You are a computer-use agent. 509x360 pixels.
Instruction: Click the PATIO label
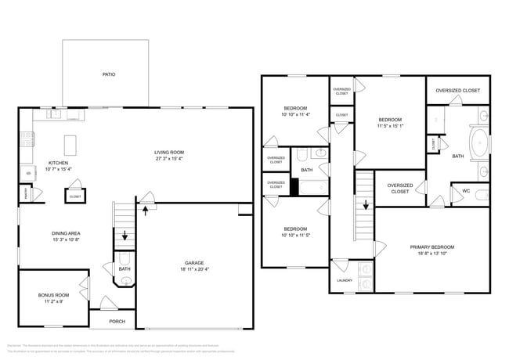click(x=109, y=74)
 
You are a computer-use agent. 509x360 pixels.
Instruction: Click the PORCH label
click(x=117, y=321)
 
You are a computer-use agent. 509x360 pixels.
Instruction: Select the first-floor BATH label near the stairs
click(x=125, y=269)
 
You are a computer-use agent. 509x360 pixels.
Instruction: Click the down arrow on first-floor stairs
click(x=125, y=236)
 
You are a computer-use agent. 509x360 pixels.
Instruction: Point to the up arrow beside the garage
click(x=144, y=208)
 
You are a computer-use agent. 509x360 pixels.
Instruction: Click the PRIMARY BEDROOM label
click(x=432, y=247)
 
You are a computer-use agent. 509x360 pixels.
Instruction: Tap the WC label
click(x=466, y=190)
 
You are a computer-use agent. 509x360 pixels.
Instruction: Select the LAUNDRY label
click(x=345, y=280)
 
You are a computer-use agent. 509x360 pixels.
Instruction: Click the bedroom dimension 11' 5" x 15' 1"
click(x=390, y=124)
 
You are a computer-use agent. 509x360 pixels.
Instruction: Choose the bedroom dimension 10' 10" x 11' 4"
click(x=295, y=114)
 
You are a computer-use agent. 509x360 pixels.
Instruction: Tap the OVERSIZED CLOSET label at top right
click(x=458, y=90)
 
